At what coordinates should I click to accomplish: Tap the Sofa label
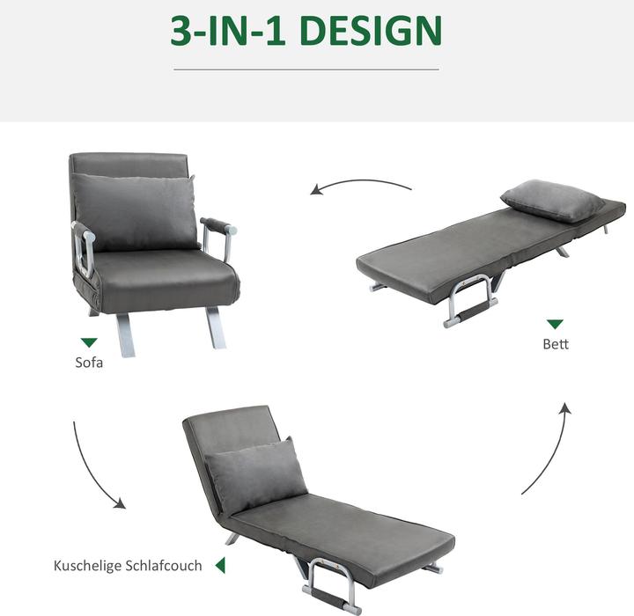(88, 362)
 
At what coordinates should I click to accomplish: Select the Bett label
(555, 344)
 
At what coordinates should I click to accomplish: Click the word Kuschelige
(91, 565)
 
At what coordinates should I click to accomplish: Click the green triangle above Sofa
(88, 342)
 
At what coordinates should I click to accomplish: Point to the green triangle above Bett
(555, 324)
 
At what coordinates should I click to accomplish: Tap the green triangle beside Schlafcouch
(220, 565)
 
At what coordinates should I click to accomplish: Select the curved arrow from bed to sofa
(361, 185)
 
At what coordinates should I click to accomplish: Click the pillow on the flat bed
(552, 201)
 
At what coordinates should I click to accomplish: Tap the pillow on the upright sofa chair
(134, 211)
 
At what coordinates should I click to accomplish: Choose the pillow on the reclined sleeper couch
(255, 474)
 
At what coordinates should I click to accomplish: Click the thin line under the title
(306, 70)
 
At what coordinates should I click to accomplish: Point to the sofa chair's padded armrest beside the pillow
(216, 225)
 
